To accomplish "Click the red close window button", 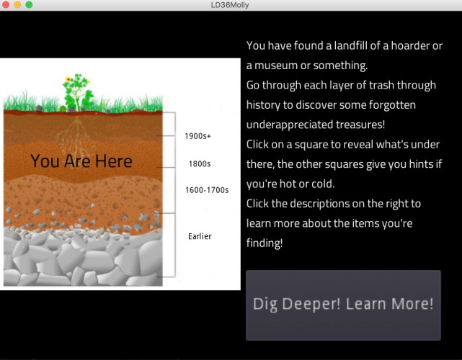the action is (6, 4).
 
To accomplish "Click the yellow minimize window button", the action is (18, 4).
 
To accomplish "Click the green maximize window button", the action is (29, 4).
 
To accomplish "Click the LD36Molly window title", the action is (230, 5).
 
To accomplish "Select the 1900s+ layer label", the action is (197, 136).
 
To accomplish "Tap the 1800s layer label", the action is (200, 163).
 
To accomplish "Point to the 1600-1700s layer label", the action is (207, 190).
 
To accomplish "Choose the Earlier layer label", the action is (200, 236).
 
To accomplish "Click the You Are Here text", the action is (81, 161).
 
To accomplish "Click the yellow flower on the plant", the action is (68, 79).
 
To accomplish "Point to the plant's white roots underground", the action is (76, 136).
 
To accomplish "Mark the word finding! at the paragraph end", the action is (265, 243).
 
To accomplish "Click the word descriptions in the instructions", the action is (319, 204).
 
